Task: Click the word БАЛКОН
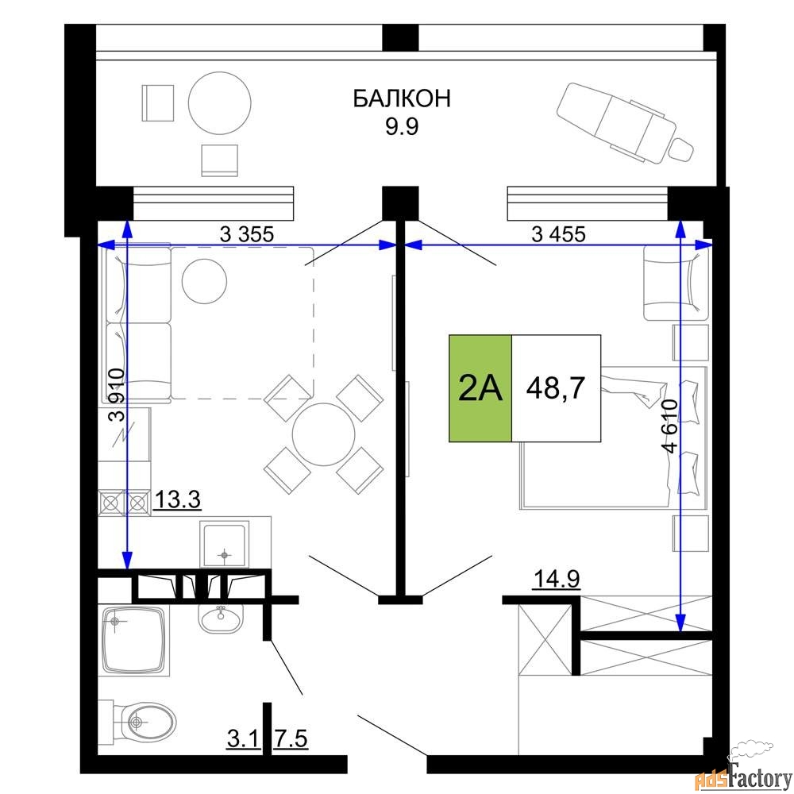[x=402, y=98]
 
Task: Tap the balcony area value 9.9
[x=402, y=126]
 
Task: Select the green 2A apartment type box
[x=480, y=388]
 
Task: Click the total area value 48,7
[x=556, y=388]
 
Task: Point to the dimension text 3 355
[x=247, y=234]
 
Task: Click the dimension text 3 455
[x=558, y=234]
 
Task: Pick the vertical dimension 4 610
[x=669, y=426]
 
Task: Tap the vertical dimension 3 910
[x=117, y=395]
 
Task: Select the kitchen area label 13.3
[x=177, y=499]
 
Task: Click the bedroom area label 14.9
[x=557, y=579]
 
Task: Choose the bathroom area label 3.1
[x=244, y=738]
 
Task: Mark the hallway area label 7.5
[x=291, y=738]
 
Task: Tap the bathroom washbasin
[x=220, y=619]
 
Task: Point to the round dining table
[x=324, y=434]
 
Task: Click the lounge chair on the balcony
[x=626, y=122]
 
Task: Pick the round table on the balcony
[x=220, y=102]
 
